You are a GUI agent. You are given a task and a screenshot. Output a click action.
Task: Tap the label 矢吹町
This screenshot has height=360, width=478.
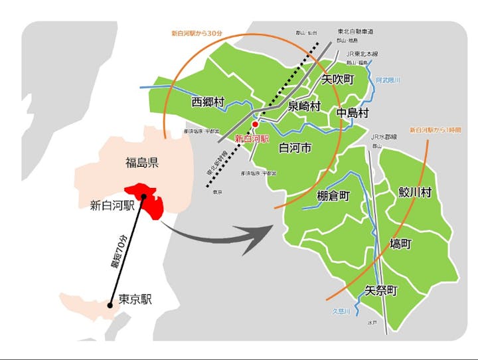click(x=338, y=79)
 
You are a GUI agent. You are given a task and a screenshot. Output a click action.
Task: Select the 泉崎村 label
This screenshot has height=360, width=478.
click(x=304, y=106)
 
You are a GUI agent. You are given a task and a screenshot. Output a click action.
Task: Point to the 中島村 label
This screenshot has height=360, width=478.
click(x=352, y=113)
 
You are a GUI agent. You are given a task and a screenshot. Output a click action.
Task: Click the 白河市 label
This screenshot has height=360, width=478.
click(x=295, y=147)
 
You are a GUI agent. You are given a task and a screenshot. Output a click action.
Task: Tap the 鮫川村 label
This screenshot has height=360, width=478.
click(x=415, y=193)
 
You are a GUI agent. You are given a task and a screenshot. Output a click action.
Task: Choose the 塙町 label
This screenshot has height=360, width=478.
click(x=401, y=244)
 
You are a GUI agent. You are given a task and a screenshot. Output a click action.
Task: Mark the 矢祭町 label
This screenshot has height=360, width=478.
click(x=381, y=290)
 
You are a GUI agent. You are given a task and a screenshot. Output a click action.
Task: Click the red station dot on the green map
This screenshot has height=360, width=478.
click(x=255, y=124)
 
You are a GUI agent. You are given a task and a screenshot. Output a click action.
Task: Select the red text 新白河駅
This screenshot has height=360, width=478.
click(x=252, y=139)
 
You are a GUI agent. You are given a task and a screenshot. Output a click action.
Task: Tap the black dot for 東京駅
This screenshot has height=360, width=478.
click(x=110, y=306)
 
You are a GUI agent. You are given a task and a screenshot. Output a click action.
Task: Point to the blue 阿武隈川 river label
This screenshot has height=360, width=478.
click(x=388, y=80)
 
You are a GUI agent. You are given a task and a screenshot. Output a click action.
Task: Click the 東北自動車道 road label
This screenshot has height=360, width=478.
click(x=355, y=31)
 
